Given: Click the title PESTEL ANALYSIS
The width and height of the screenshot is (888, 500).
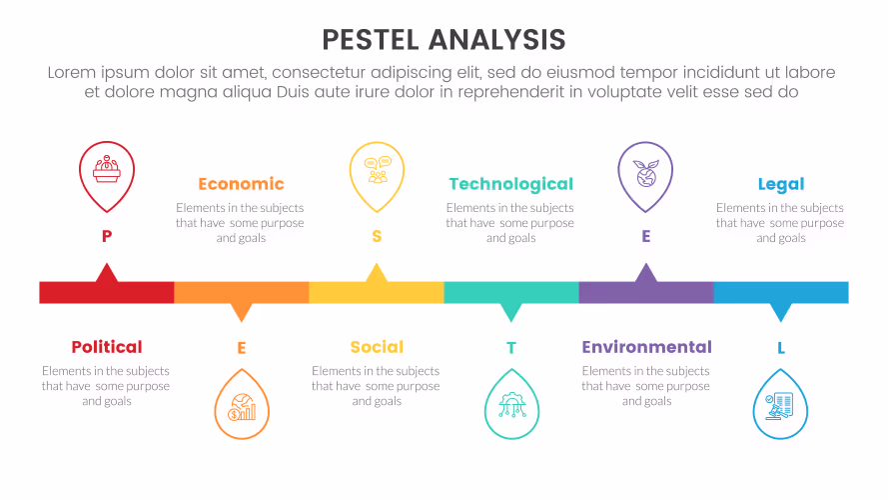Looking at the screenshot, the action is [444, 40].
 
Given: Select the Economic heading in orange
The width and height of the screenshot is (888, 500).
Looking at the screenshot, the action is [242, 184].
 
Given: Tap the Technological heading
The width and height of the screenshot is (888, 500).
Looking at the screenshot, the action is [510, 184].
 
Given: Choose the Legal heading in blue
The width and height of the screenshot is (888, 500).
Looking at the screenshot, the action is [781, 184].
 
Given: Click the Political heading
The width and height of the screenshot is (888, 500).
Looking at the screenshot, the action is [107, 347].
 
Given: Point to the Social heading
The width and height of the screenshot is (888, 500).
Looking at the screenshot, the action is [377, 347].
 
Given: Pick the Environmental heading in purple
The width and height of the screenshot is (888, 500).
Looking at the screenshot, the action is [646, 347].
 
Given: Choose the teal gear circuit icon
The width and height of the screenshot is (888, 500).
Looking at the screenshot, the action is [511, 405].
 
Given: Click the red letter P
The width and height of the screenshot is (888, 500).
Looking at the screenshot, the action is [107, 236].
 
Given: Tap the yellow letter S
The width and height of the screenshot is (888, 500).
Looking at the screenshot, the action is [377, 236].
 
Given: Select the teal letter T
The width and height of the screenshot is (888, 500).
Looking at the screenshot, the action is [511, 348].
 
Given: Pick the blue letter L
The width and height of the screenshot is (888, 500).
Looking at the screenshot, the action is [781, 348].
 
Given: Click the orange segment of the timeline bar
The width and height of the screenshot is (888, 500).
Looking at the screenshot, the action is [242, 293].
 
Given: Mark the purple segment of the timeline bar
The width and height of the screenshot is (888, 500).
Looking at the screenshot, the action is [646, 293].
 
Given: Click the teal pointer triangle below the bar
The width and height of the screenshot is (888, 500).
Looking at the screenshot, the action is [511, 311].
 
